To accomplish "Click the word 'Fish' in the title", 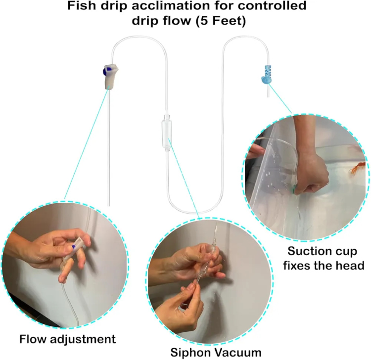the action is pyautogui.click(x=82, y=5).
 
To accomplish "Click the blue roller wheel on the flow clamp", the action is pyautogui.click(x=105, y=71).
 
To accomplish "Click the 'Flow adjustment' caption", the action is pyautogui.click(x=67, y=339).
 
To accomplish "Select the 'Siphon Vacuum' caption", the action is pyautogui.click(x=216, y=353).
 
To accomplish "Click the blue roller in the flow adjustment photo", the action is pyautogui.click(x=73, y=247).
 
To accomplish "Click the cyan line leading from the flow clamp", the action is pyautogui.click(x=87, y=142).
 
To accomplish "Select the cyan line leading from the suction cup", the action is pyautogui.click(x=280, y=98).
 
